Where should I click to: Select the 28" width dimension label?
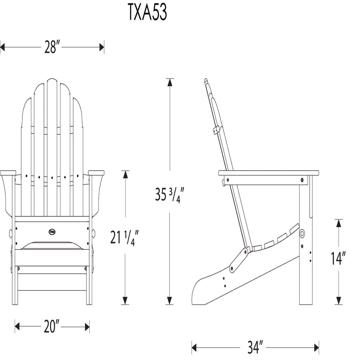coord(52,47)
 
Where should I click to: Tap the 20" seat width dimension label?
coord(51,327)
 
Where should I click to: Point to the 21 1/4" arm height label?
coord(125,238)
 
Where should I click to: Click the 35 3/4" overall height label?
coord(170,195)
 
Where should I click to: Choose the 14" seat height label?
coord(338,258)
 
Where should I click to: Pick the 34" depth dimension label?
coord(255,347)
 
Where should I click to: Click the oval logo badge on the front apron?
coord(52,232)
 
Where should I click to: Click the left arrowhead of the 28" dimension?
coord(2,48)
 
